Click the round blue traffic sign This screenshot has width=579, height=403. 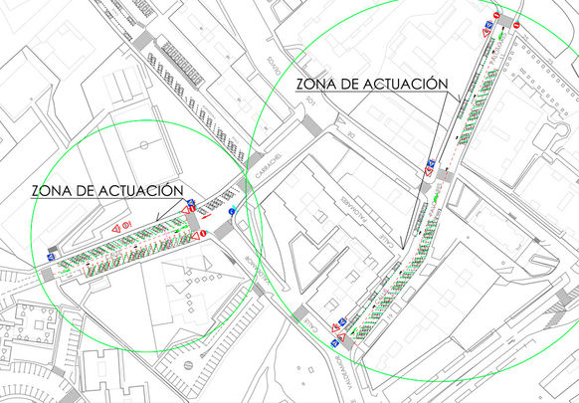pos(232,212)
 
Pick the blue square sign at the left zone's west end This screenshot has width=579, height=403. pos(50,257)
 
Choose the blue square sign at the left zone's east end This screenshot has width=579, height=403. pos(190,204)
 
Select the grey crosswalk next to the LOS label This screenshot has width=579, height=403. pos(311,124)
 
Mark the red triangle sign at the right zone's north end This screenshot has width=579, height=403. pos(484,34)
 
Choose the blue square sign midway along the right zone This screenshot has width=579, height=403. pos(430,163)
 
